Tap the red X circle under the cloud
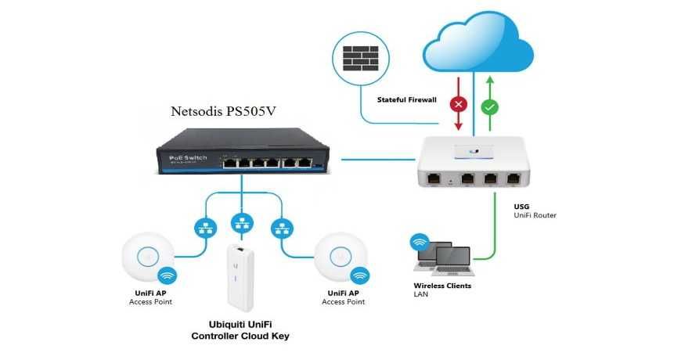pos(459,104)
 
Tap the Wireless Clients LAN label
pos(442,290)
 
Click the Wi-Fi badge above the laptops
pos(421,242)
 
